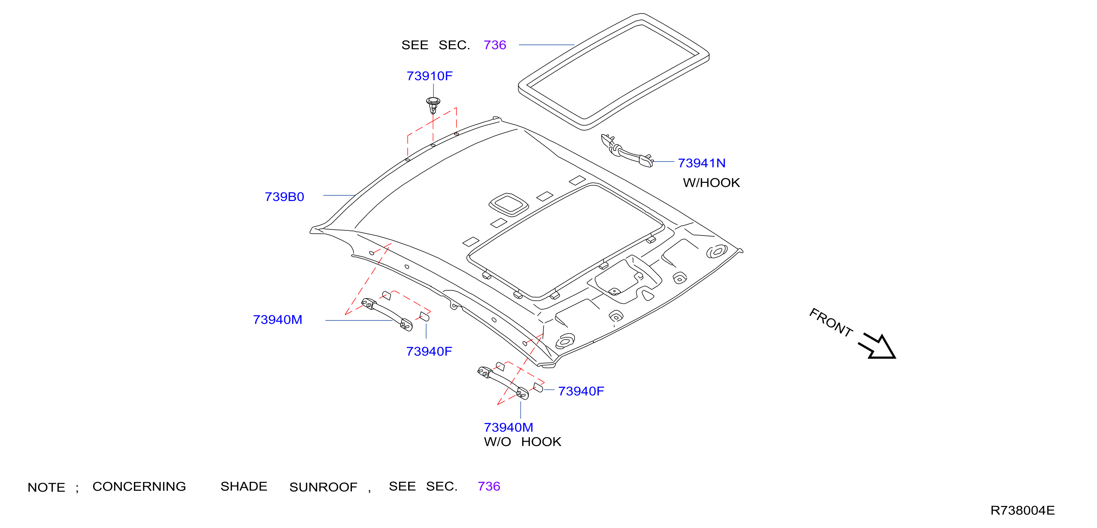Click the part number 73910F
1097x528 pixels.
pos(429,76)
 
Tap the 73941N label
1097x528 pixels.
pos(702,163)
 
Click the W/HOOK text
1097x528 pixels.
pos(712,183)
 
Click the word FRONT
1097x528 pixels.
pos(831,322)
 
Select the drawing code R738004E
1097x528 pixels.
pos(1023,510)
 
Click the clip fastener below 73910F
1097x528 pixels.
pos(433,105)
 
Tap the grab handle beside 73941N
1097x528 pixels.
pos(627,151)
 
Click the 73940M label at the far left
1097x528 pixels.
pos(278,320)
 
